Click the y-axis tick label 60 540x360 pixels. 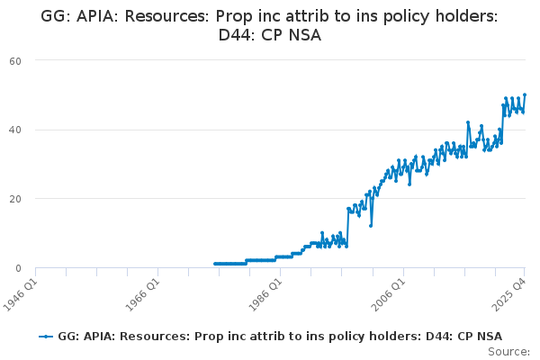point(15,61)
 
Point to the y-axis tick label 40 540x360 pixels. point(15,130)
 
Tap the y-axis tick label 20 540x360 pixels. point(15,199)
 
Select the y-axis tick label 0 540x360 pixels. point(19,268)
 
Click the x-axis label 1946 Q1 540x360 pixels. point(21,294)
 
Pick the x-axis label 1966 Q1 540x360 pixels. point(142,294)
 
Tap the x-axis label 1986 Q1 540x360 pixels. point(265,294)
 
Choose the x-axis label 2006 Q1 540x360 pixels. point(389,294)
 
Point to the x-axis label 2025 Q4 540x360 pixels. point(509,294)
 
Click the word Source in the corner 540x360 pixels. point(508,352)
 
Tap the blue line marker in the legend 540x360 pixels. point(46,337)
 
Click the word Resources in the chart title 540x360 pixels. point(167,16)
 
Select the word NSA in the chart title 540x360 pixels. point(305,35)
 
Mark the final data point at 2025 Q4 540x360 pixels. point(525,94)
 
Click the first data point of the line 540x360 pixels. point(215,264)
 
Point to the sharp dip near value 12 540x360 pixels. point(371,226)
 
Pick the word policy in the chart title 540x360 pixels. point(407,16)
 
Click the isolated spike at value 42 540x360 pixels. point(468,122)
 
